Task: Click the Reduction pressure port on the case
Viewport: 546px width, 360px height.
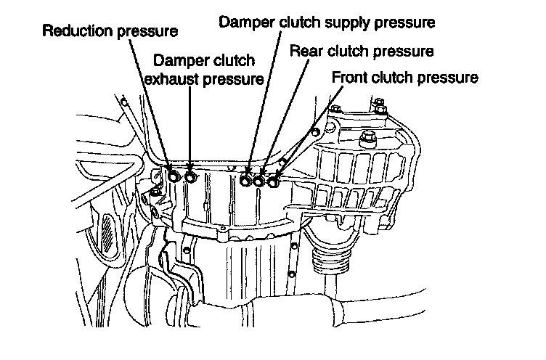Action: (174, 177)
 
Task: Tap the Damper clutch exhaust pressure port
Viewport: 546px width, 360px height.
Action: (190, 177)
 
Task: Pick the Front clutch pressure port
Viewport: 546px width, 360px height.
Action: (273, 181)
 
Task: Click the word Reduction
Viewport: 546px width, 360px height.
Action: (74, 31)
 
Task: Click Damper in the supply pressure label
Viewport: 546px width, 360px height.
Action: (244, 22)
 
